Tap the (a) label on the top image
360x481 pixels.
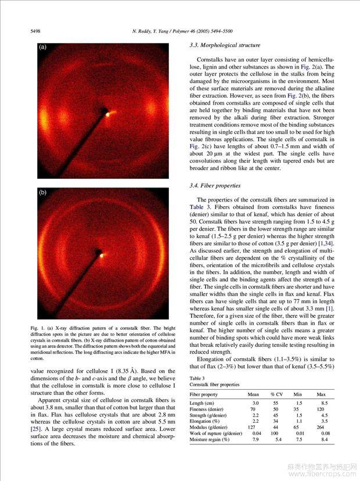[42, 48]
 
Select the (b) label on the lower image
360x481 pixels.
[42, 192]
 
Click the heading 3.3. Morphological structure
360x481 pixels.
[225, 45]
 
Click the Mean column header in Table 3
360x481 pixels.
[253, 394]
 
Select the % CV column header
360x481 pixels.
[276, 394]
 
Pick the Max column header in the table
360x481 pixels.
[321, 394]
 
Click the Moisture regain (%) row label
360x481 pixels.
[210, 440]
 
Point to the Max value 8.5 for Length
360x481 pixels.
[325, 403]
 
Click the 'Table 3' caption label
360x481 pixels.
[198, 378]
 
